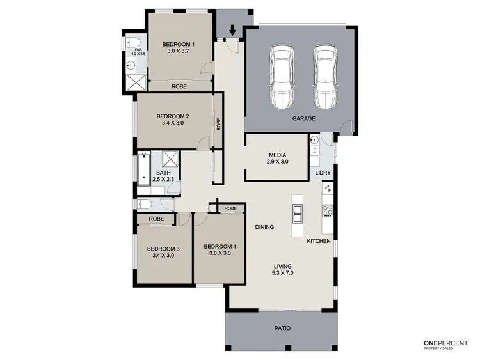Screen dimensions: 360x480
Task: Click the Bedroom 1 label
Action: [x=180, y=43]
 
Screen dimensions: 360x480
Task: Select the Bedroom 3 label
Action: [x=163, y=249]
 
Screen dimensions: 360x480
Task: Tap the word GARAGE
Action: [x=303, y=119]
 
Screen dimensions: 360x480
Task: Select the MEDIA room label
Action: [x=277, y=155]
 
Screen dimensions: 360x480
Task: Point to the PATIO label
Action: [x=282, y=328]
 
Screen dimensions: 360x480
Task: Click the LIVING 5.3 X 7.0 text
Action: [x=282, y=270]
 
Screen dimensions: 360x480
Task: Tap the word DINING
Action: [x=264, y=227]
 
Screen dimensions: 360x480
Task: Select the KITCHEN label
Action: [x=318, y=241]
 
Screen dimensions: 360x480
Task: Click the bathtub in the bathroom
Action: [x=144, y=169]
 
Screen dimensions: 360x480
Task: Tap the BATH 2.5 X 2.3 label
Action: [x=164, y=176]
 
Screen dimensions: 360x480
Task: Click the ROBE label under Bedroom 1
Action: [x=179, y=86]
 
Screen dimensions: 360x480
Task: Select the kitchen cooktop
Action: [x=328, y=189]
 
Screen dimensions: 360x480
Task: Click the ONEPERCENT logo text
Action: [x=445, y=343]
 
